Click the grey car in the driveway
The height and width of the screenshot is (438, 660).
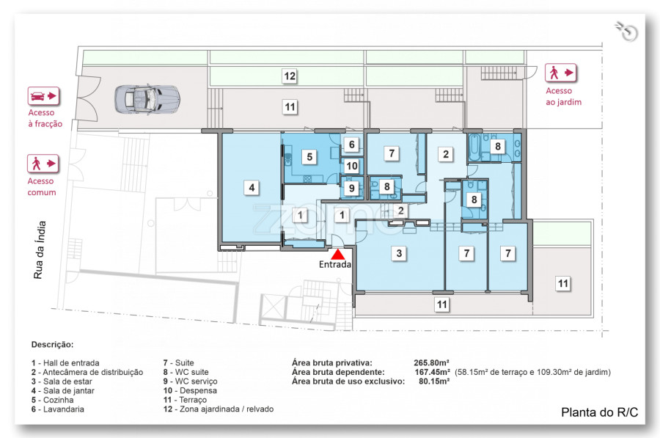coord(147,99)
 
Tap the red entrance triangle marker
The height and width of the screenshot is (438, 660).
coord(337,255)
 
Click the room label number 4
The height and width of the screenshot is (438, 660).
coord(252,187)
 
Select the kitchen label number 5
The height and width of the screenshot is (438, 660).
coord(309,157)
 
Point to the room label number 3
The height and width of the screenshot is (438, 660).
coord(399,253)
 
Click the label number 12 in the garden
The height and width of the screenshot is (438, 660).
coord(290,76)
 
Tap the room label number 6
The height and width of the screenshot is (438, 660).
coord(352,145)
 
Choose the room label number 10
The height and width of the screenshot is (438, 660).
coord(352,166)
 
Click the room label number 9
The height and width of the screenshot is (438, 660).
coord(352,188)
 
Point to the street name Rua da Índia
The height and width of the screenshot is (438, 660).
coord(39,249)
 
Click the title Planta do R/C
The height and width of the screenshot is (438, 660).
coord(599,412)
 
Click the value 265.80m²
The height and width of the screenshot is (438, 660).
coord(431,362)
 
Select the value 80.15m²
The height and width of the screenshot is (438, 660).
coord(434,382)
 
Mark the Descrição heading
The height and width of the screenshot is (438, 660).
coord(52,345)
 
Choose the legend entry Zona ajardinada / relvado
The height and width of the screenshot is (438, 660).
coord(227,409)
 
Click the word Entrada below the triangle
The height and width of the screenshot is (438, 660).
coord(335,264)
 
